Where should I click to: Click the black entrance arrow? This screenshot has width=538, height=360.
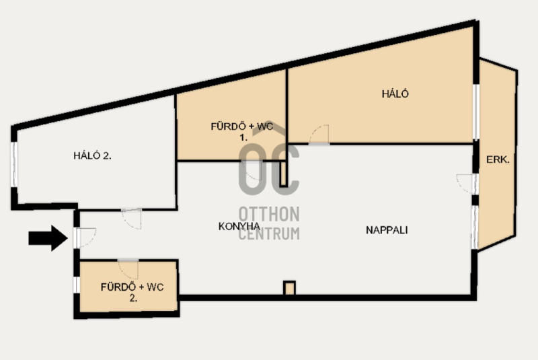[48, 238]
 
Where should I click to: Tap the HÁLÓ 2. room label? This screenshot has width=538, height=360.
[92, 156]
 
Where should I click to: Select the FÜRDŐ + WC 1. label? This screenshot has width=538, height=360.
[242, 132]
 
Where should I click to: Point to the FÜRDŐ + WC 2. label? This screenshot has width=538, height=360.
[132, 293]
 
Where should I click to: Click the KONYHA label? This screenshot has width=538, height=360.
[239, 227]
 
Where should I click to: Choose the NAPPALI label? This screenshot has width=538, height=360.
[387, 230]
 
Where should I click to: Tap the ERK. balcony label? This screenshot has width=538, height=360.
[498, 159]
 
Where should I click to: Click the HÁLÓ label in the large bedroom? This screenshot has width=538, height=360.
[395, 94]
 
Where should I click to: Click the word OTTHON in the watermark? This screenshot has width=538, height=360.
[269, 214]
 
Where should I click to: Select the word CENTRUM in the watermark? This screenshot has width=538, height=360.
[269, 233]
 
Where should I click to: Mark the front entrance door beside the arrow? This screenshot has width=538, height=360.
[85, 238]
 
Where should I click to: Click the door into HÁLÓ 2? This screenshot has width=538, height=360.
[132, 219]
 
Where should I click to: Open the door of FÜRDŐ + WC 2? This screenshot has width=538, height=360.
[128, 269]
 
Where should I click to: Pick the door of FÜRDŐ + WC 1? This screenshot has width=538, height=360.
[252, 170]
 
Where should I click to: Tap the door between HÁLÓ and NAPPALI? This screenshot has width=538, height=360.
[319, 135]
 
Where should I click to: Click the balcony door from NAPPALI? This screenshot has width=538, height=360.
[467, 184]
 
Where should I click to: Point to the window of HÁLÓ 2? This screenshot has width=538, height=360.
[14, 164]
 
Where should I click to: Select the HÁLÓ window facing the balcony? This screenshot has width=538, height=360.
[476, 112]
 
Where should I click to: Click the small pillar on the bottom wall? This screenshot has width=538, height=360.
[289, 288]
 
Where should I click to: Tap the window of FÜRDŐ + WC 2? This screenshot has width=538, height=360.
[77, 285]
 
